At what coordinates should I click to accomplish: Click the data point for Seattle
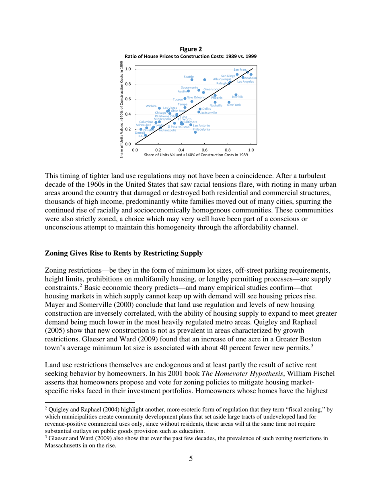[192, 80]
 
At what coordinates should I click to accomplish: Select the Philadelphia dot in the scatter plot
[195, 132]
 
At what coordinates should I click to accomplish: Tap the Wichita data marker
[159, 108]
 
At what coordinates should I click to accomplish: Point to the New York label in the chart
[234, 105]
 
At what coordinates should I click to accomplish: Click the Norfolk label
[238, 97]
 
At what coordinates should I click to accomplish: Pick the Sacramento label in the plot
[189, 87]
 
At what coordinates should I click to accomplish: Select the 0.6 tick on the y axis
[128, 99]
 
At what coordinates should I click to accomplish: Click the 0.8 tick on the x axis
[228, 149]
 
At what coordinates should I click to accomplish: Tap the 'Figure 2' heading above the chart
[191, 49]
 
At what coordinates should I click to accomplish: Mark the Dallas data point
[200, 109]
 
